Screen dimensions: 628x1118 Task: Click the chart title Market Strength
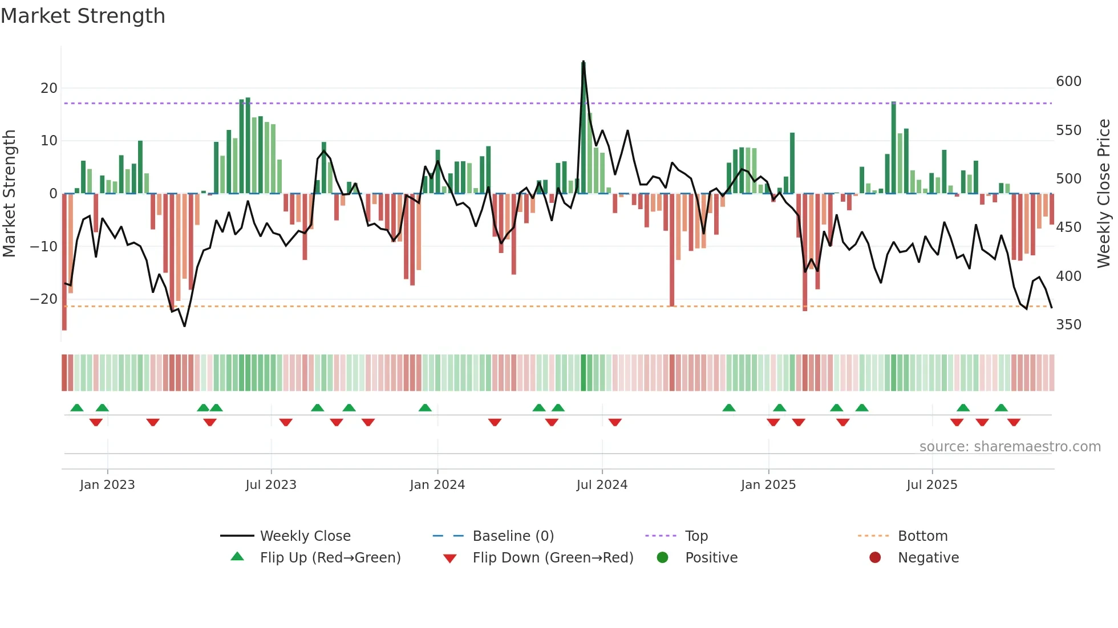[x=83, y=16]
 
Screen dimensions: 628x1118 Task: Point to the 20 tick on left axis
[x=49, y=88]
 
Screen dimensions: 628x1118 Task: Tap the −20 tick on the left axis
[x=44, y=299]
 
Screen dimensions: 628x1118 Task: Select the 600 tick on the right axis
[x=1068, y=81]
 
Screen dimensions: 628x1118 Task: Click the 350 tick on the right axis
[x=1068, y=325]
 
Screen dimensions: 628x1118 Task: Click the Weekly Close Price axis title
[x=1104, y=194]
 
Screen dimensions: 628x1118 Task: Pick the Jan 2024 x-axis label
[x=437, y=485]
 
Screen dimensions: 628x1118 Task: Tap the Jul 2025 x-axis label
[x=931, y=485]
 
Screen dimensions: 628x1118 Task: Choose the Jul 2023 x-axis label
[x=271, y=485]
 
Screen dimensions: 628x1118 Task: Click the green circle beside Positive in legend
[x=662, y=557]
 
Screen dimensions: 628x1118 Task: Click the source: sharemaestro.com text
[x=1010, y=447]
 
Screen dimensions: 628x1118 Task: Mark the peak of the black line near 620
[x=583, y=62]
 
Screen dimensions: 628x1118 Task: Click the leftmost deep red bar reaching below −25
[x=64, y=262]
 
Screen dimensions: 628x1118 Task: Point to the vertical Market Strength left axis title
[x=9, y=194]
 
